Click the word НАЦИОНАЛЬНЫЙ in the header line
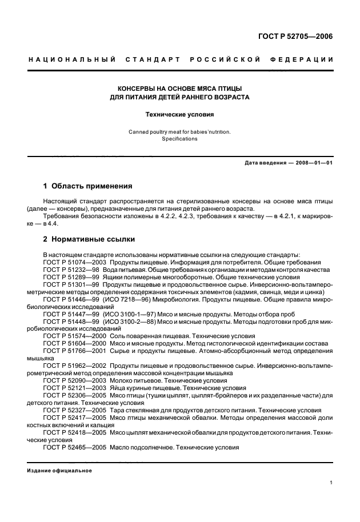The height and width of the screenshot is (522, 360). [x=71, y=59]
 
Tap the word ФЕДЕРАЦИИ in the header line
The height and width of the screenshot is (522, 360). [x=306, y=59]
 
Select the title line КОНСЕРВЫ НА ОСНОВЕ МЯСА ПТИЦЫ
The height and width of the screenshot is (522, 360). [x=179, y=89]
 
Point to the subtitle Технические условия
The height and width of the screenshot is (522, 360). [x=179, y=114]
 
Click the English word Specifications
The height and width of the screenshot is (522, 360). [x=179, y=139]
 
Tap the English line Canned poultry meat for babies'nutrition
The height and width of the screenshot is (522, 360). [x=179, y=131]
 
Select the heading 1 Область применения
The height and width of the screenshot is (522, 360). [x=88, y=186]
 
